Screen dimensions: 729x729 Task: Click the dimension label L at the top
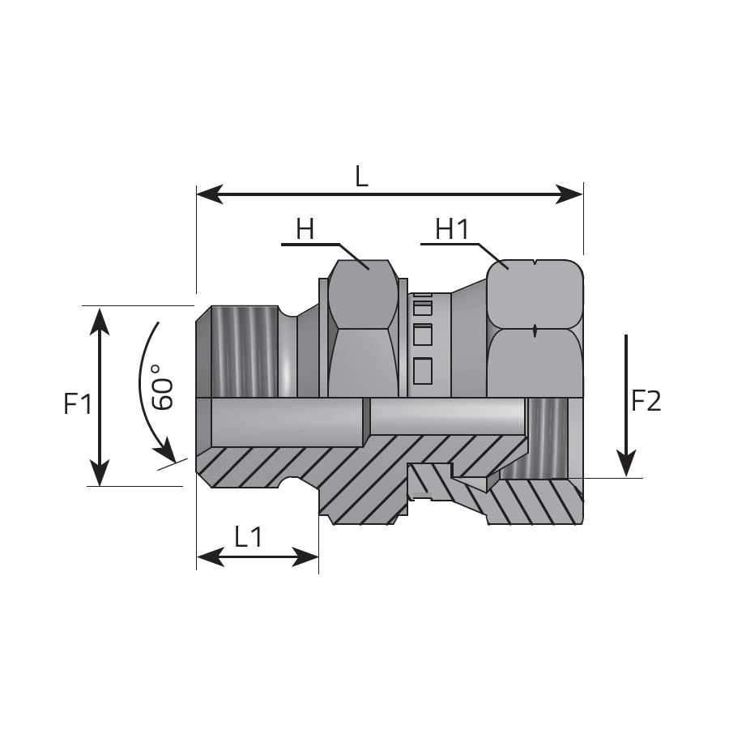pyautogui.click(x=361, y=177)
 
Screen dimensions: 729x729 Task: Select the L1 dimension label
pyautogui.click(x=248, y=537)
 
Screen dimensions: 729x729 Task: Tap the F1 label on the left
pyautogui.click(x=78, y=403)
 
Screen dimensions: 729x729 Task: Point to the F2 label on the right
pyautogui.click(x=646, y=401)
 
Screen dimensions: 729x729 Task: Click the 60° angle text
pyautogui.click(x=162, y=387)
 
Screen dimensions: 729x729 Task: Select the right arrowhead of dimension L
pyautogui.click(x=569, y=194)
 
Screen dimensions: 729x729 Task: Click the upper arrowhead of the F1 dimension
pyautogui.click(x=100, y=321)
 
